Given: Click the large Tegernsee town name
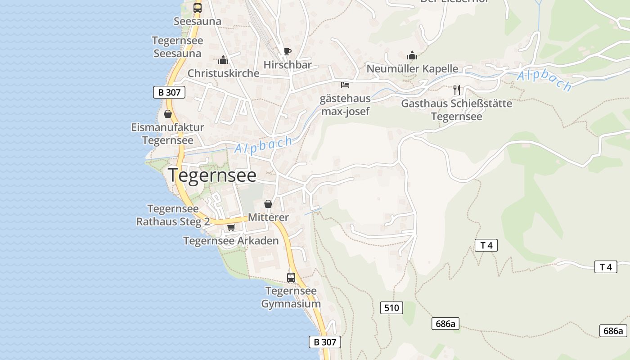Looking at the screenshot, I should tap(212, 175).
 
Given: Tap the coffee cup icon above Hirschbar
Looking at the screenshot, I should tap(287, 51).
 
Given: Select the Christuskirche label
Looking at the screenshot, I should tap(223, 73).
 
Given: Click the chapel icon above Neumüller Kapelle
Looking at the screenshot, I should tap(412, 55).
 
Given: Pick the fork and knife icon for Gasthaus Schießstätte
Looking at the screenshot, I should tap(456, 90).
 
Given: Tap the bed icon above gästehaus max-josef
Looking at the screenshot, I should tap(345, 84).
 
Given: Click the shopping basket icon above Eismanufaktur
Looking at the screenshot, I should tap(168, 114).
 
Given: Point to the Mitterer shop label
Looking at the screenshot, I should tap(268, 217).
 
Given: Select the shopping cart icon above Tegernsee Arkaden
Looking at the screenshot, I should tap(231, 227).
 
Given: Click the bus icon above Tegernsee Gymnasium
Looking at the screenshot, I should tap(291, 277).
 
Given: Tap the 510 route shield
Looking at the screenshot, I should tap(391, 308).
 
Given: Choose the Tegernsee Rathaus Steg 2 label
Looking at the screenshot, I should tap(173, 215).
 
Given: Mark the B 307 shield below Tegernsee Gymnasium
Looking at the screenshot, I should tap(325, 342).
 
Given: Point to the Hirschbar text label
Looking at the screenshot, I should tap(288, 65).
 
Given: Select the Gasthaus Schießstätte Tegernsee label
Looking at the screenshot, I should tap(456, 110).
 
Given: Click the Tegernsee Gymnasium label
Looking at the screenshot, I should tap(291, 297).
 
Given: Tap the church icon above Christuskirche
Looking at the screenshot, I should tap(223, 60).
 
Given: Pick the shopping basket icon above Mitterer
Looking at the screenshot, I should tap(268, 204).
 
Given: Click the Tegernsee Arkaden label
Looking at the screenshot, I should tap(231, 241).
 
